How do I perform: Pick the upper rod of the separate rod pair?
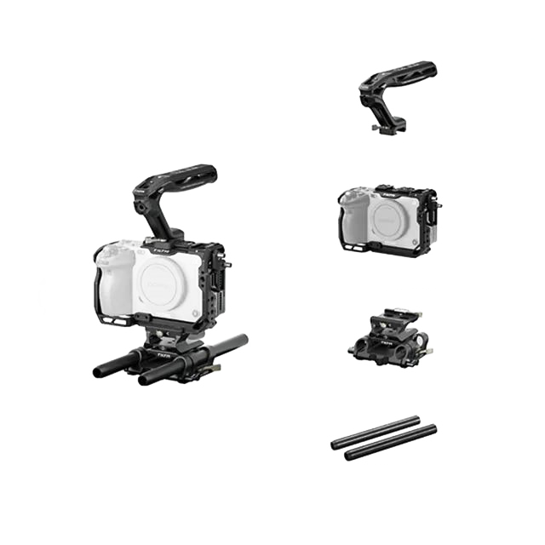(375, 431)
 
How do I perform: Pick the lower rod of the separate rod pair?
(391, 442)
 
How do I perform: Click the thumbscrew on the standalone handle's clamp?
(375, 129)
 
